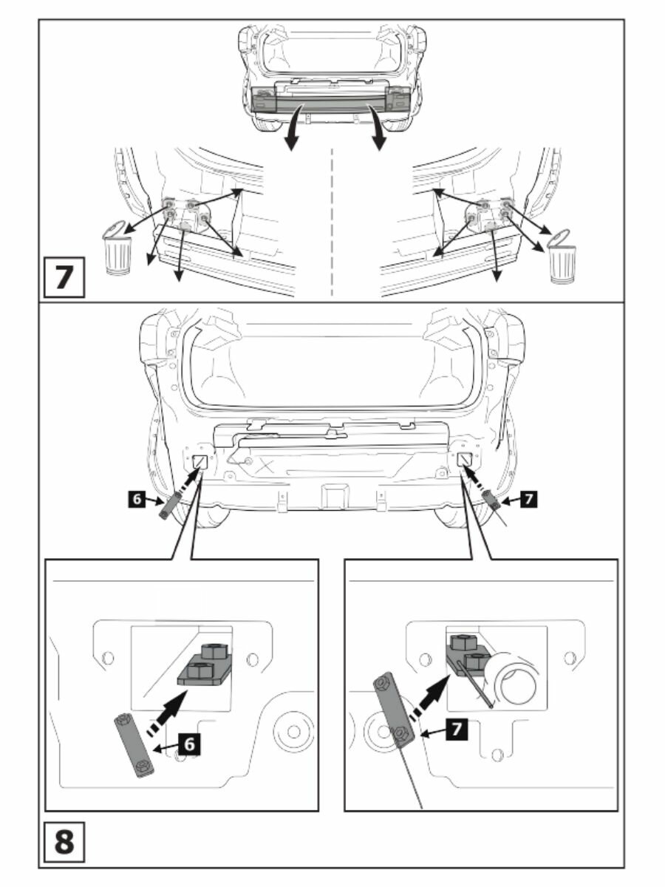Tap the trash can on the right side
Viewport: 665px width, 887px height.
coord(562,256)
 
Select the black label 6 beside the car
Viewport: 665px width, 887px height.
coord(135,500)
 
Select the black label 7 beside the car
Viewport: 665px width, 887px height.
coord(526,500)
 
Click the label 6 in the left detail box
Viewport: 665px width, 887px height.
coord(189,745)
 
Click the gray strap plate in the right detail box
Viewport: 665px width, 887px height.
coord(394,710)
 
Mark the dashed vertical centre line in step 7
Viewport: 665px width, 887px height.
coord(332,222)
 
